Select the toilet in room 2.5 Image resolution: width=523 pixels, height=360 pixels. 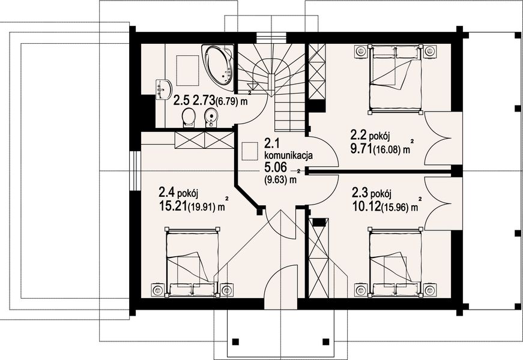tap(189, 116)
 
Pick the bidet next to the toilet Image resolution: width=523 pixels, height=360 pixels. tap(210, 116)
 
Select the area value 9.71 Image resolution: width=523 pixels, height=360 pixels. tap(360, 148)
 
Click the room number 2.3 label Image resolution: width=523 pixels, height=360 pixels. tap(360, 194)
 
